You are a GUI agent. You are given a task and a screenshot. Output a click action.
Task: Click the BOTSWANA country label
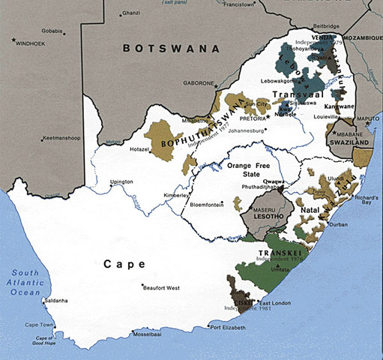172,48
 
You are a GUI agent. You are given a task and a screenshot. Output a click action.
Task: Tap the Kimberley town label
177,196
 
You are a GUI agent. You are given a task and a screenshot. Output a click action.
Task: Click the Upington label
121,181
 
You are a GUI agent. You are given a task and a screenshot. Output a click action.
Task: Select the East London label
273,301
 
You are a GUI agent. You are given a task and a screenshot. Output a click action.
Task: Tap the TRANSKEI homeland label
274,253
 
